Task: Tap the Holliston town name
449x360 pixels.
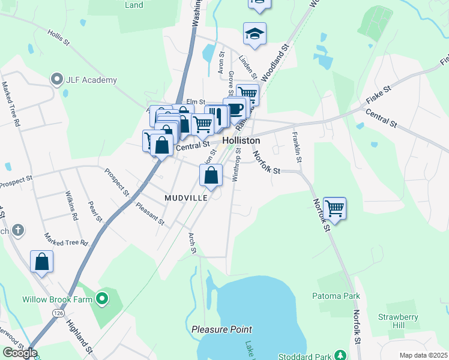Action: click(241, 140)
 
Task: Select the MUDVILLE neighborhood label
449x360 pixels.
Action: click(187, 197)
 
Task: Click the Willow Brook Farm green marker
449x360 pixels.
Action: click(102, 298)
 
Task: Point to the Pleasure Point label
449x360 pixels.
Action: click(222, 329)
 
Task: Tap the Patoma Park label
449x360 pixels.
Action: click(336, 296)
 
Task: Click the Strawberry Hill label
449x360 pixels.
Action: click(393, 320)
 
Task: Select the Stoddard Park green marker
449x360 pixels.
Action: click(340, 355)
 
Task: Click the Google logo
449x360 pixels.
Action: click(19, 353)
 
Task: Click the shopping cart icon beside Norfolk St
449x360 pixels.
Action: click(335, 209)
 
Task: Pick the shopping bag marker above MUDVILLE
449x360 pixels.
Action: click(211, 176)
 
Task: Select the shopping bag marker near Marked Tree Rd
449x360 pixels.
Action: click(41, 262)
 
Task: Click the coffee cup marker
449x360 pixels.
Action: click(235, 109)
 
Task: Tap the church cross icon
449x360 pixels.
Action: click(18, 229)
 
